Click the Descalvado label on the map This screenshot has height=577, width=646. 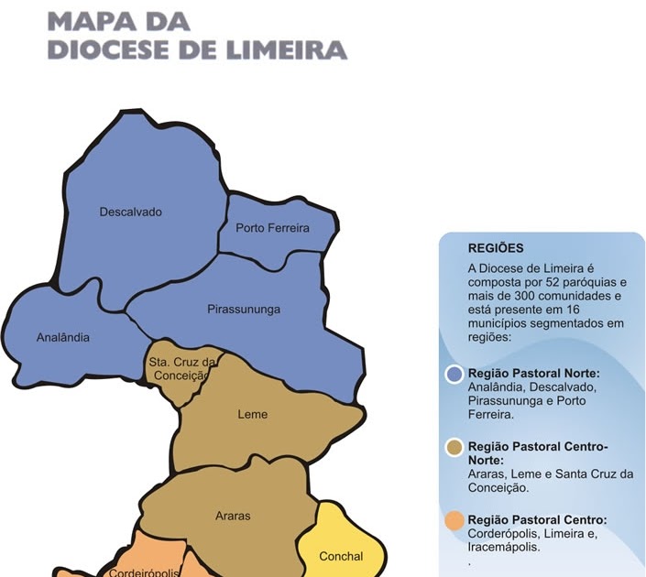pos(130,212)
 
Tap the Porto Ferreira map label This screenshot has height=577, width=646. pos(272,228)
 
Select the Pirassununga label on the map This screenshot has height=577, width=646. pos(244,310)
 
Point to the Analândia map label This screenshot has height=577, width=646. pos(63,337)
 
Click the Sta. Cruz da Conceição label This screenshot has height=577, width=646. pos(181,368)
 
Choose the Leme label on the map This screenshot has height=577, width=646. pos(253,414)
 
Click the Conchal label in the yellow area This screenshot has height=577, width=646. pos(341,556)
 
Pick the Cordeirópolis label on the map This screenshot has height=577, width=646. pos(142,572)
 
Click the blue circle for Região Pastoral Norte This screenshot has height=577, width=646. pos(454,374)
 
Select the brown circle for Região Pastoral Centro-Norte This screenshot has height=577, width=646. pos(454,447)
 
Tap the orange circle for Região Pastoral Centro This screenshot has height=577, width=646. pos(454,520)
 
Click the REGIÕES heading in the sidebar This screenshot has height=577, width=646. pos(496,247)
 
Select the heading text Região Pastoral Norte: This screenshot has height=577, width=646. pos(534,374)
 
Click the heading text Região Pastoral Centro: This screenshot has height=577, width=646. pos(537,519)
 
